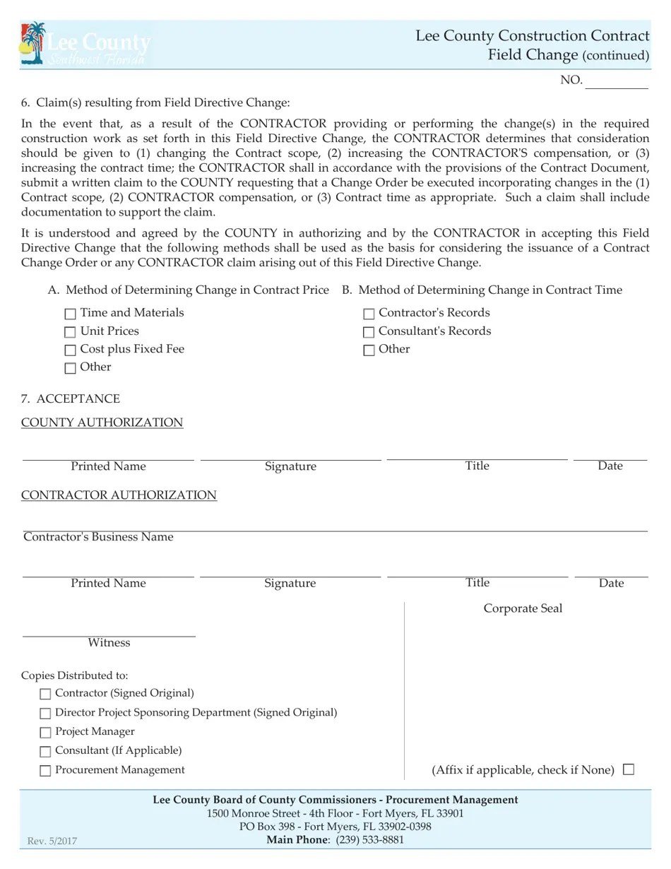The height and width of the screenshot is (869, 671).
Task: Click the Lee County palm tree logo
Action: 33,44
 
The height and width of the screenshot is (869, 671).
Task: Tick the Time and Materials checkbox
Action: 70,314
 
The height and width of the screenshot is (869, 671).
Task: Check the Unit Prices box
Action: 70,332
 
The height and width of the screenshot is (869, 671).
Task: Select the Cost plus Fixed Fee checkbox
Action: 70,350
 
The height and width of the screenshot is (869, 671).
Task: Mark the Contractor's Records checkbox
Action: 369,314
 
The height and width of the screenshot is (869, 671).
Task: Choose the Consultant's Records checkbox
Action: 369,332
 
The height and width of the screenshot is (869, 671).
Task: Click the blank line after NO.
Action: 617,82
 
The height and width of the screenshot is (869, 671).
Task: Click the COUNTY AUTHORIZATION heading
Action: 102,422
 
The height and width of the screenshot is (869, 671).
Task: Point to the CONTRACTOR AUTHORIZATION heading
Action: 119,495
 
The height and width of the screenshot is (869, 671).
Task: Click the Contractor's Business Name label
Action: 98,537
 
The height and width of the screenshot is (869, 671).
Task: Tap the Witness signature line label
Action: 109,643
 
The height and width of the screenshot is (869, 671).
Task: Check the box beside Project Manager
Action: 46,733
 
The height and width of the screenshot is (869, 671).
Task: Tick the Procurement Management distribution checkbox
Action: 46,771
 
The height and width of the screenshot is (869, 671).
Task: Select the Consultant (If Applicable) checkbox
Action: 46,752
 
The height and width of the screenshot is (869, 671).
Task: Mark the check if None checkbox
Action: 629,769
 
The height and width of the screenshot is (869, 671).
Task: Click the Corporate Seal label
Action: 523,608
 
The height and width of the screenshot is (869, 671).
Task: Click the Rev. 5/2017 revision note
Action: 52,841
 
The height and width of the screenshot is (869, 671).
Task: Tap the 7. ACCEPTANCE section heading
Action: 71,398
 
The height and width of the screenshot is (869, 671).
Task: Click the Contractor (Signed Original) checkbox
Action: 46,694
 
